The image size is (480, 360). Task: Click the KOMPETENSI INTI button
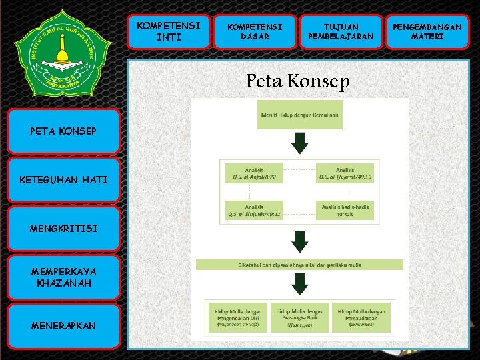coord(168,31)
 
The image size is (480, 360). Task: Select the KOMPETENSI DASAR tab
coord(255,31)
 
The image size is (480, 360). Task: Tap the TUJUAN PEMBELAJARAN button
coord(341,31)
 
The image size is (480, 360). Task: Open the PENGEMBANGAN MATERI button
coord(427,31)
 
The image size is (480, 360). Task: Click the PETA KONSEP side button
coord(63,131)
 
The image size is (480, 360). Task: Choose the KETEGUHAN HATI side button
coord(63,180)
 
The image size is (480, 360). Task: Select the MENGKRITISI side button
coord(63,229)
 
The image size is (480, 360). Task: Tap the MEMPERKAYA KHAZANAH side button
coord(63,277)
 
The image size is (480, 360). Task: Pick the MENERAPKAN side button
coord(63,325)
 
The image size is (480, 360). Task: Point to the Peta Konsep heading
coord(297,81)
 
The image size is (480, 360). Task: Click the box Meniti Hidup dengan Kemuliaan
coord(300,115)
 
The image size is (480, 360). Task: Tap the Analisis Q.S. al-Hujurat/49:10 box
coord(345,175)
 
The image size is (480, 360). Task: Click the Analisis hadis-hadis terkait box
coord(345,211)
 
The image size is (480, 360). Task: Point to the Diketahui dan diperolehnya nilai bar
coord(299,265)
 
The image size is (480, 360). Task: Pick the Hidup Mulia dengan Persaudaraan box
coord(361,317)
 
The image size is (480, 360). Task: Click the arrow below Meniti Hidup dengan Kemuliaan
coord(301,143)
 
